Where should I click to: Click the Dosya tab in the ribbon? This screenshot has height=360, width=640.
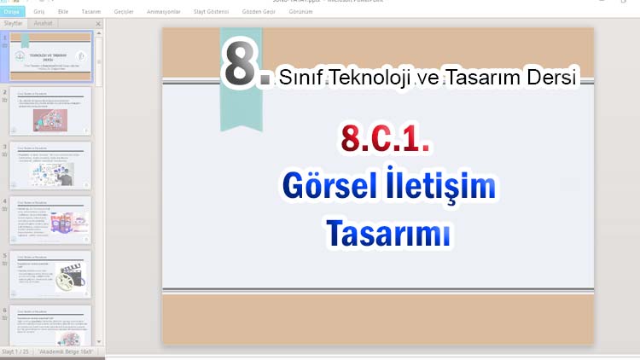(12, 12)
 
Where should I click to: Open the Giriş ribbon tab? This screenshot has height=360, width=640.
(38, 12)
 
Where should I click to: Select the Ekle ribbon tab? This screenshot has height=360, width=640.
(63, 12)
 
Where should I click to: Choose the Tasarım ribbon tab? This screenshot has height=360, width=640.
(91, 12)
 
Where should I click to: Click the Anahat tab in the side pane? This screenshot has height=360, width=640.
(42, 24)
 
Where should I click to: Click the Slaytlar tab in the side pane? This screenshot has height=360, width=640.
(14, 24)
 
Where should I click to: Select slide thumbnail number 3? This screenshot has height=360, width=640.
(50, 165)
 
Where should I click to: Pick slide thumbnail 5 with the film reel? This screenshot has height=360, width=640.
(50, 273)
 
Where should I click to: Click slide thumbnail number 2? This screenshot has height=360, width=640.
(50, 110)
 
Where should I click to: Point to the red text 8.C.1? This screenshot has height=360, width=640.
(384, 138)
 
